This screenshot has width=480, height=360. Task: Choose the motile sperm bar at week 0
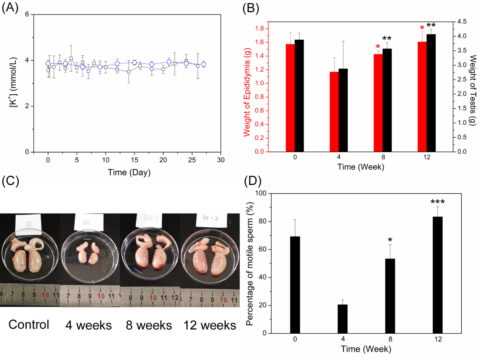pyautogui.click(x=295, y=284)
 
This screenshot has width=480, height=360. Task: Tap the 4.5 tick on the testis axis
pyautogui.click(x=461, y=22)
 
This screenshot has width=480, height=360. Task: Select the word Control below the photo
pyautogui.click(x=29, y=325)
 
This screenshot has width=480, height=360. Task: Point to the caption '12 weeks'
pyautogui.click(x=210, y=325)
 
